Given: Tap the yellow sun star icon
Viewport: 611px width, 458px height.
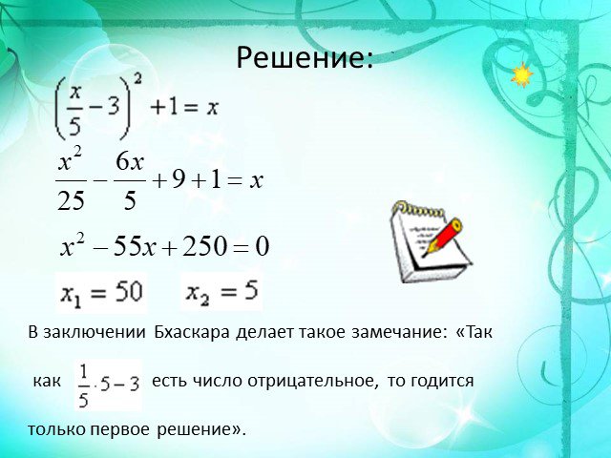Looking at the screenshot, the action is pyautogui.click(x=522, y=74).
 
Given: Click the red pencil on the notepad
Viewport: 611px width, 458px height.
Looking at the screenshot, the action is pyautogui.click(x=443, y=237).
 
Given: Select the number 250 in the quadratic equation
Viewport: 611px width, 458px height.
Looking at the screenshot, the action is pyautogui.click(x=204, y=246).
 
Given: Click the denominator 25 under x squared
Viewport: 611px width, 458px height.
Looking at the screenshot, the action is pyautogui.click(x=71, y=200).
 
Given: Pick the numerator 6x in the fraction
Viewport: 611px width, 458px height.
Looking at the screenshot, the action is pyautogui.click(x=130, y=161).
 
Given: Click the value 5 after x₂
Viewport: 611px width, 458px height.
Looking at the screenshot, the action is pyautogui.click(x=251, y=290).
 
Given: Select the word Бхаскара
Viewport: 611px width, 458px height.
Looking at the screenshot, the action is pyautogui.click(x=192, y=332).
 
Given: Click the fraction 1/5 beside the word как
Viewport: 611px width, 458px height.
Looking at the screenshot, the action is pyautogui.click(x=83, y=385).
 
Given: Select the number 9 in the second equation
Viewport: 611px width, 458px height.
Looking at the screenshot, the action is pyautogui.click(x=179, y=180).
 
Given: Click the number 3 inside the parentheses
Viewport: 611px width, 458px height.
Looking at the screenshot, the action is pyautogui.click(x=113, y=105).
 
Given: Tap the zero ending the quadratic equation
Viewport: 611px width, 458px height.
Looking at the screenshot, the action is pyautogui.click(x=263, y=246).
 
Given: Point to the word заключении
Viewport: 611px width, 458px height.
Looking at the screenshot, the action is pyautogui.click(x=95, y=332).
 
